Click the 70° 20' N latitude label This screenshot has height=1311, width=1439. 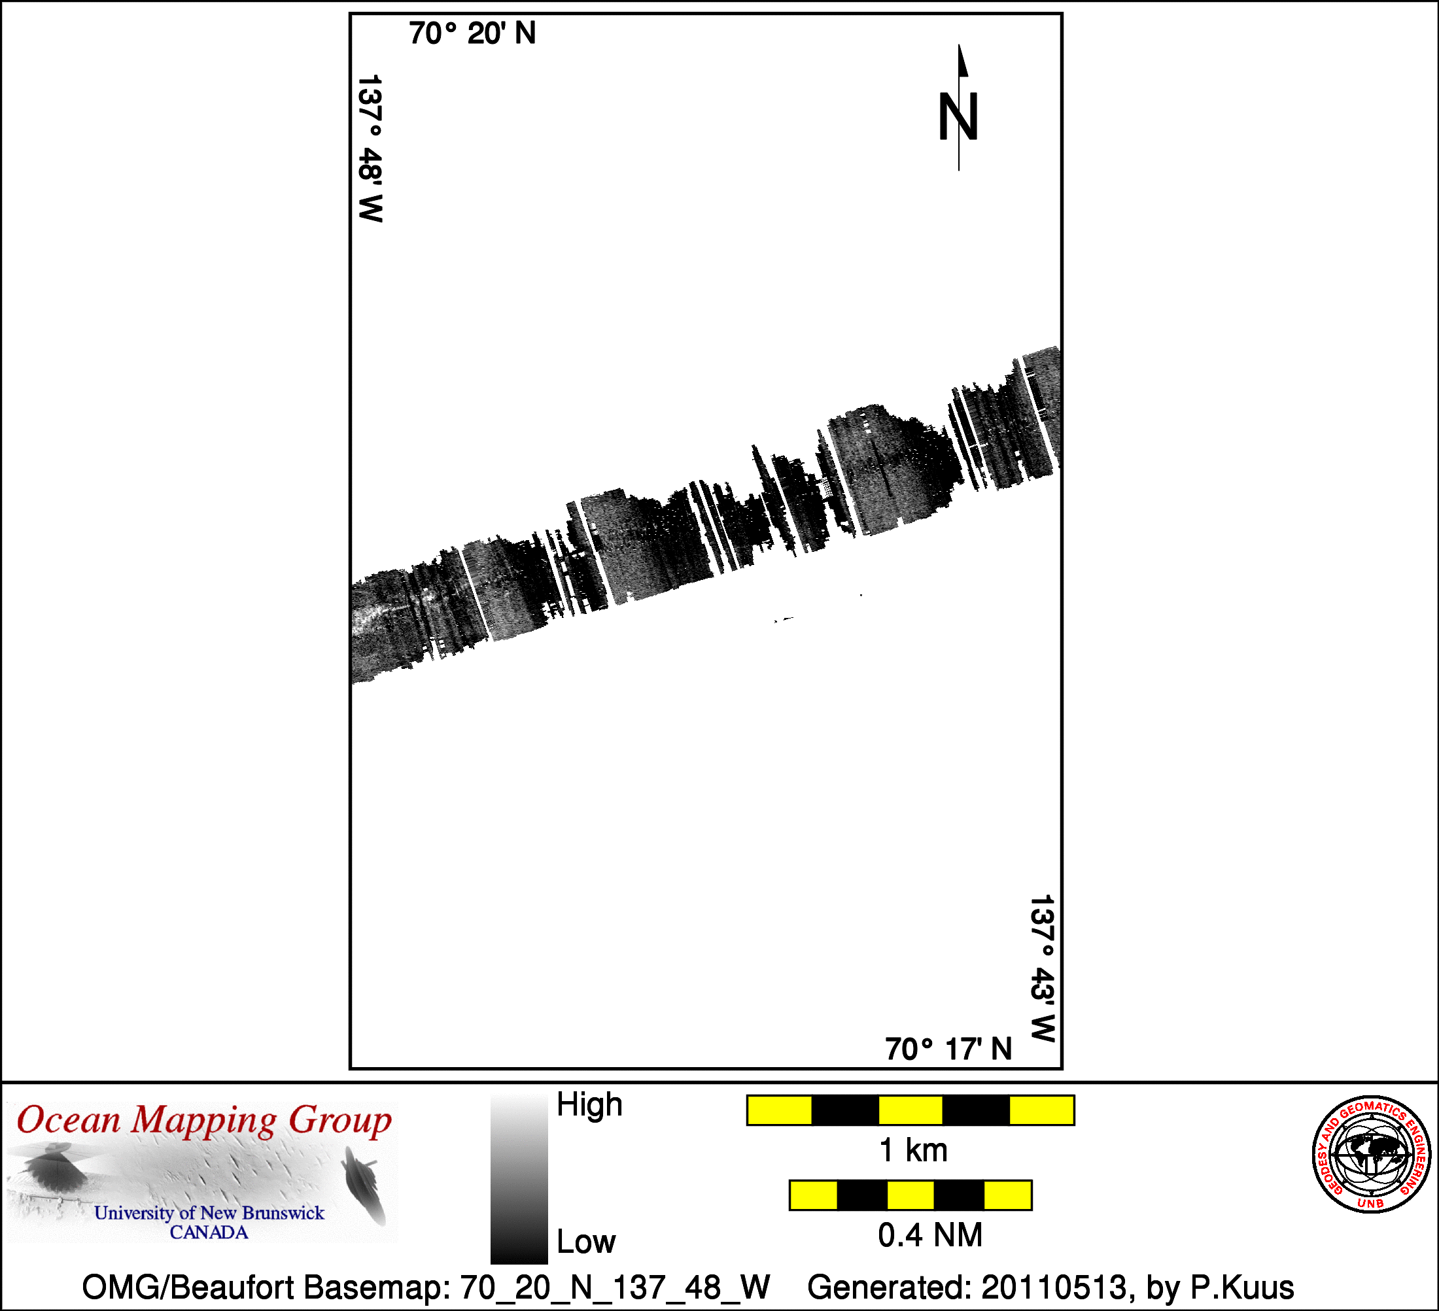472,33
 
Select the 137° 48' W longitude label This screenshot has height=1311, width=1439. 370,148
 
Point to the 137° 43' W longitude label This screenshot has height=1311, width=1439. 1042,968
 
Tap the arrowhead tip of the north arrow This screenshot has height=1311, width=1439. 959,44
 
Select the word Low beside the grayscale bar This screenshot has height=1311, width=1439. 586,1242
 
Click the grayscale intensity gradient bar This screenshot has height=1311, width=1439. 519,1180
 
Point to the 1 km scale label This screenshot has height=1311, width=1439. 914,1150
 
